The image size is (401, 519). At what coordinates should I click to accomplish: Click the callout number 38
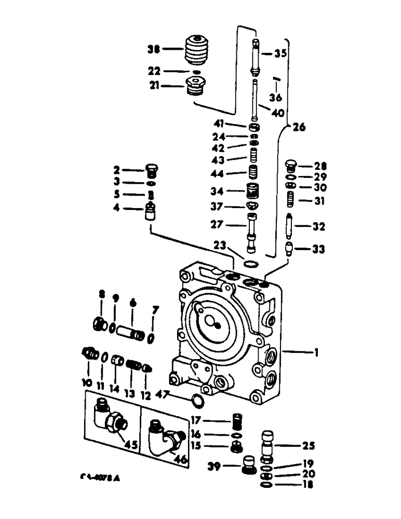154,50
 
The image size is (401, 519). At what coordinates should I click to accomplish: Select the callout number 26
298,126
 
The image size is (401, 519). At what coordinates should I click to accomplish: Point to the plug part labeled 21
196,86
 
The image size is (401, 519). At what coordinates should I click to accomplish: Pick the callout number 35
280,53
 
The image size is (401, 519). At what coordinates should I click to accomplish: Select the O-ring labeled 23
250,264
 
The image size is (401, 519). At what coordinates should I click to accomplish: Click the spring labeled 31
291,198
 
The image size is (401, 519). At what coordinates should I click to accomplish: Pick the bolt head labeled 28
291,167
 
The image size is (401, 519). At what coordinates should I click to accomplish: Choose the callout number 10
86,383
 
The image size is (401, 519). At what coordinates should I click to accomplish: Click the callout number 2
117,169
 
